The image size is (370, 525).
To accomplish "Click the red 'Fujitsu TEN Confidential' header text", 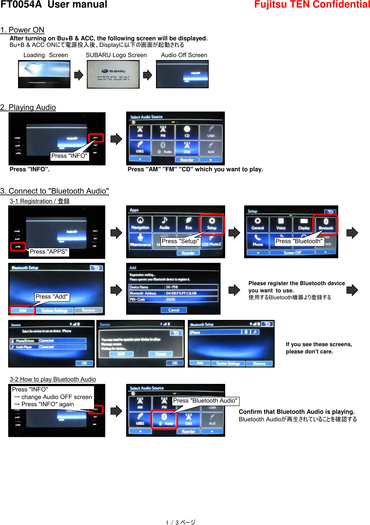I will click(x=312, y=5).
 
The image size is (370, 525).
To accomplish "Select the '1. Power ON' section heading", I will click(x=22, y=30).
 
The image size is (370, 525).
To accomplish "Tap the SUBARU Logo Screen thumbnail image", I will click(x=113, y=74).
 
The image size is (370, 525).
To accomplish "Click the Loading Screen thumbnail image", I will click(x=44, y=74).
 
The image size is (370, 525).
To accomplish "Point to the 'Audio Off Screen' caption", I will click(x=184, y=55).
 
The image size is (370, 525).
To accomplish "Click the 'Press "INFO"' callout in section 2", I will click(x=69, y=156).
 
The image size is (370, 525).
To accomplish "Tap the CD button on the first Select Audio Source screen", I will click(x=187, y=132).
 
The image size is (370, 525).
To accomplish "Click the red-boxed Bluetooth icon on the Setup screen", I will click(x=325, y=224).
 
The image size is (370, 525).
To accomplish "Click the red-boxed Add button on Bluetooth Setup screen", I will click(x=23, y=310).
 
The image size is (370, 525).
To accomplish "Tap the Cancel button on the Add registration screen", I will click(x=174, y=310).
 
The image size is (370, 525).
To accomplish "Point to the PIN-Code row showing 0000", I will click(x=173, y=299).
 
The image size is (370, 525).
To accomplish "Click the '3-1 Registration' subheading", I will click(x=40, y=201).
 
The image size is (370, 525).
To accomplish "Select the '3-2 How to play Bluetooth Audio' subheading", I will click(x=53, y=379).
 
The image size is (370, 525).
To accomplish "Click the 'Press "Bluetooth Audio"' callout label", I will click(x=205, y=401).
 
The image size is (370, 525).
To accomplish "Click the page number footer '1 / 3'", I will click(x=180, y=522).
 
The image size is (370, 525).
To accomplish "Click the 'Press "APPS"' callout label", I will click(x=49, y=252).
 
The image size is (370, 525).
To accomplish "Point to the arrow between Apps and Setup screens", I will click(x=234, y=233).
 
